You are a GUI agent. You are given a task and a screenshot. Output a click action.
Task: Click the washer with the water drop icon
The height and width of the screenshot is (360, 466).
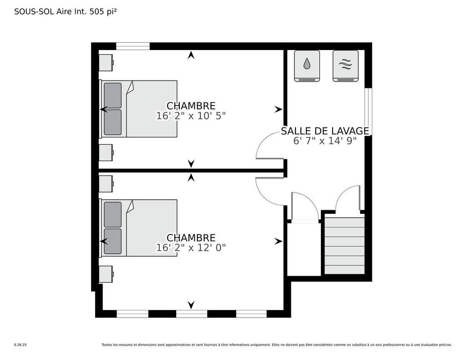(307, 66)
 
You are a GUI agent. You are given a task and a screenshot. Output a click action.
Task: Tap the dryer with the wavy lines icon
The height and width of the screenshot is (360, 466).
(345, 66)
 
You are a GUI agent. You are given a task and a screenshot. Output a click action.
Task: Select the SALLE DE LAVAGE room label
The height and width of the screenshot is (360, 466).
(325, 131)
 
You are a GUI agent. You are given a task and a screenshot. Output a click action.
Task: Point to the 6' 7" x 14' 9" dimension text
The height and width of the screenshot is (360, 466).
(325, 141)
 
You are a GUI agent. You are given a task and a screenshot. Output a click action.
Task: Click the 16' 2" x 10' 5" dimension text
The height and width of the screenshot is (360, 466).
(191, 116)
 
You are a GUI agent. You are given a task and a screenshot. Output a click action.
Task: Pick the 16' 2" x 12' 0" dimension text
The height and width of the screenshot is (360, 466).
(191, 248)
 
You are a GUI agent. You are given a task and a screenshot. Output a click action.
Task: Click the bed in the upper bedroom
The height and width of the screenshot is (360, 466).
(139, 109)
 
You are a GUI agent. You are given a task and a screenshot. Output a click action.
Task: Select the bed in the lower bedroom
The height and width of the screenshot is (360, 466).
(139, 228)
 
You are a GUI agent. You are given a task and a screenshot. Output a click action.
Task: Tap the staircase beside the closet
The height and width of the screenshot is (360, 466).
(344, 245)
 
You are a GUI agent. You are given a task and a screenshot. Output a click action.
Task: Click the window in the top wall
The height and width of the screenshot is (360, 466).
(133, 46)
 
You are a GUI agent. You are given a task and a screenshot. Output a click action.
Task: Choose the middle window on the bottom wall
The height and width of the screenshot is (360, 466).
(192, 314)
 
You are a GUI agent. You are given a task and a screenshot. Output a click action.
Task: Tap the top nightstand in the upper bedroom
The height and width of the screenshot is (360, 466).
(106, 63)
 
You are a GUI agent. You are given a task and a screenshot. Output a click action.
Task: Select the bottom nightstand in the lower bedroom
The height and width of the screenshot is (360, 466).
(106, 274)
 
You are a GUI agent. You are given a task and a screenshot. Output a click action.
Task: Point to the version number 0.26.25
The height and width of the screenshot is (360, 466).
(20, 345)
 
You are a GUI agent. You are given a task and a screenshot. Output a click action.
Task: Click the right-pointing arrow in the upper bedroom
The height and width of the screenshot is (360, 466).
(278, 110)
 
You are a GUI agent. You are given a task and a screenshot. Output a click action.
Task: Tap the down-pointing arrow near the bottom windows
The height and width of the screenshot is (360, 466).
(191, 304)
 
